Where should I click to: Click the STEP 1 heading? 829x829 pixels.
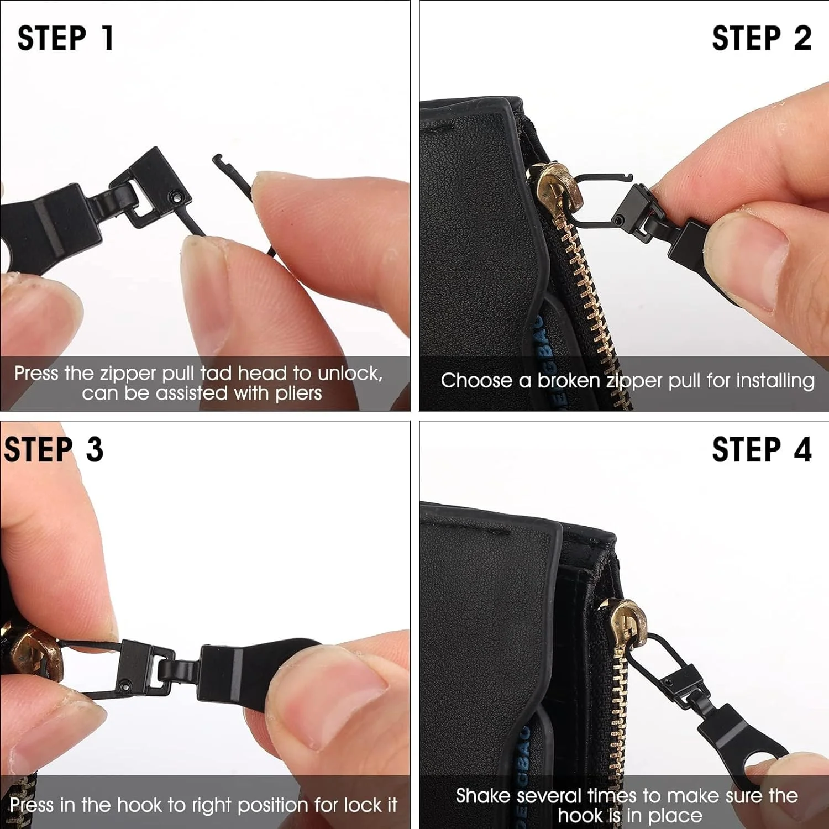pyautogui.click(x=65, y=38)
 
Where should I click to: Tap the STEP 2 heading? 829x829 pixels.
pyautogui.click(x=762, y=38)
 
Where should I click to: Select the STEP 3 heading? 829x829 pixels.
pyautogui.click(x=54, y=449)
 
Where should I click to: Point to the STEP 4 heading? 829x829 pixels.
pyautogui.click(x=762, y=449)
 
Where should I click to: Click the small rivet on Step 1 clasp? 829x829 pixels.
pyautogui.click(x=175, y=196)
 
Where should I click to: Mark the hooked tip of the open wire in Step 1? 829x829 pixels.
pyautogui.click(x=216, y=159)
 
